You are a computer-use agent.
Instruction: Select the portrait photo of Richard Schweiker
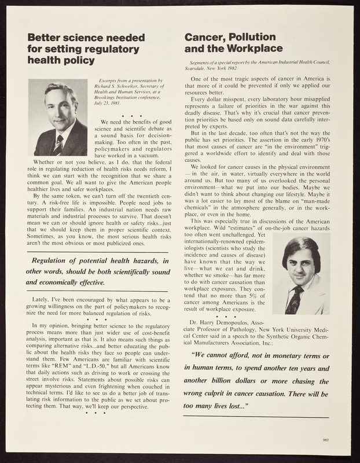coord(57,117)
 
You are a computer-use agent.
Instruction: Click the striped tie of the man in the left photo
coord(58,145)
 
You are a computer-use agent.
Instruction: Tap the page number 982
coord(325,440)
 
